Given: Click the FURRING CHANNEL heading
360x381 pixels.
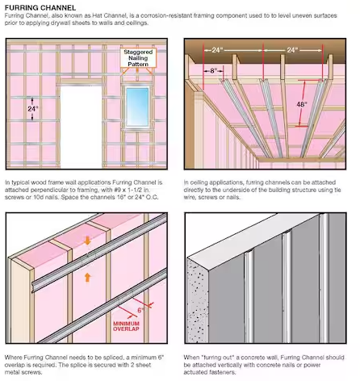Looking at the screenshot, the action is (40, 7).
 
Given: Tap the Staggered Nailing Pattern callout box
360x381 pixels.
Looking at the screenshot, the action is (138, 58).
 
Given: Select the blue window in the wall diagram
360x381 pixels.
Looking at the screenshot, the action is (137, 106).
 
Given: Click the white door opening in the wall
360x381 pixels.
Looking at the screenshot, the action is (81, 127).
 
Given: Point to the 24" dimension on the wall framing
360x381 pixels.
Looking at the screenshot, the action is (33, 109).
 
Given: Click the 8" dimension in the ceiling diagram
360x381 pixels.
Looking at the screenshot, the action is (213, 71).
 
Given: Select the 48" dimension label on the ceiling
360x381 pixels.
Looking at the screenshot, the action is (302, 104).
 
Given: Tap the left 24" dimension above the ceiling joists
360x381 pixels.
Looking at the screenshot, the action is (217, 50).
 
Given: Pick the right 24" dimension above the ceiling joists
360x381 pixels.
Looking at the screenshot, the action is (292, 50).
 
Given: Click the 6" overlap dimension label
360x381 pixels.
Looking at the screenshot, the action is (140, 310).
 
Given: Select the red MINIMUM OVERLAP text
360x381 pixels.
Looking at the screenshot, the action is (126, 326).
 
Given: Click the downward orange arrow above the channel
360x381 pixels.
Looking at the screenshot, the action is (87, 241).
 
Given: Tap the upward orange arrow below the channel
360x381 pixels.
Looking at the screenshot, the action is (87, 278).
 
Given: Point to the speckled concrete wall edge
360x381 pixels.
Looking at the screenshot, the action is (198, 300).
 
